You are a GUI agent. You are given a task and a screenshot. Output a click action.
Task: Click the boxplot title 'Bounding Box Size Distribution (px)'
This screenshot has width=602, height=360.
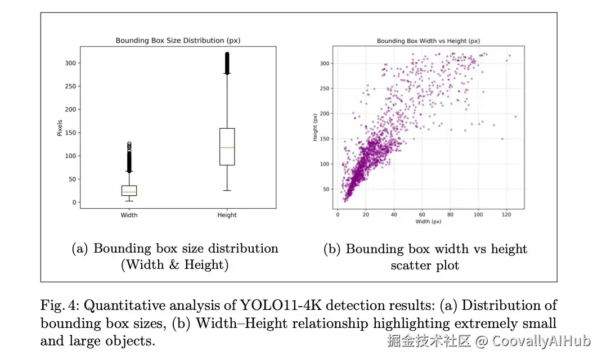point(178,40)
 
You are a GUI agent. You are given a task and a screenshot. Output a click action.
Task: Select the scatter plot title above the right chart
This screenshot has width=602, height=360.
point(428,41)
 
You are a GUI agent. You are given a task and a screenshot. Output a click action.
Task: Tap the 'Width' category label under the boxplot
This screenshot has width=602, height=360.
point(129,215)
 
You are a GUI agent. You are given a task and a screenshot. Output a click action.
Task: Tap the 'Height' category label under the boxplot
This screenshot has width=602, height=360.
point(227,215)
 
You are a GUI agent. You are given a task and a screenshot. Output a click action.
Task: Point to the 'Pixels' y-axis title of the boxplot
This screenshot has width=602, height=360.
point(60,127)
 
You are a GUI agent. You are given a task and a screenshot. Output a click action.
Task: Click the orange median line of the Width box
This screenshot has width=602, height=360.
point(129,192)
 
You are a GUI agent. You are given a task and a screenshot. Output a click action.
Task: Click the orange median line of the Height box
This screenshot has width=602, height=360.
point(227,147)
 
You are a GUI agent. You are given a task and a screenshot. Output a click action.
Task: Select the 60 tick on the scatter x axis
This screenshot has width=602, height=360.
point(422,215)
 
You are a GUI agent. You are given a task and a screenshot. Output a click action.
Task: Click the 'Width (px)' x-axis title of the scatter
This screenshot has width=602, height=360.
point(429,222)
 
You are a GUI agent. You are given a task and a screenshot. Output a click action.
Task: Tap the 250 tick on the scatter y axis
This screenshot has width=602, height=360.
point(325,88)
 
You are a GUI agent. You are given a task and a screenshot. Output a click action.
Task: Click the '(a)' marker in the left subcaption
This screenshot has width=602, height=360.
point(81,249)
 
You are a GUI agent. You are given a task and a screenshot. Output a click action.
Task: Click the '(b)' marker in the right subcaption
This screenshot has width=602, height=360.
point(333,249)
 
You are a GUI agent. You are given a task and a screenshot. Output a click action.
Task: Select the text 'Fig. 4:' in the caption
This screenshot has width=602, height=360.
point(59,305)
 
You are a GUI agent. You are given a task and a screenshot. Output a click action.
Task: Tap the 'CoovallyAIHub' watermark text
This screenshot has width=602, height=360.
point(540,341)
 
